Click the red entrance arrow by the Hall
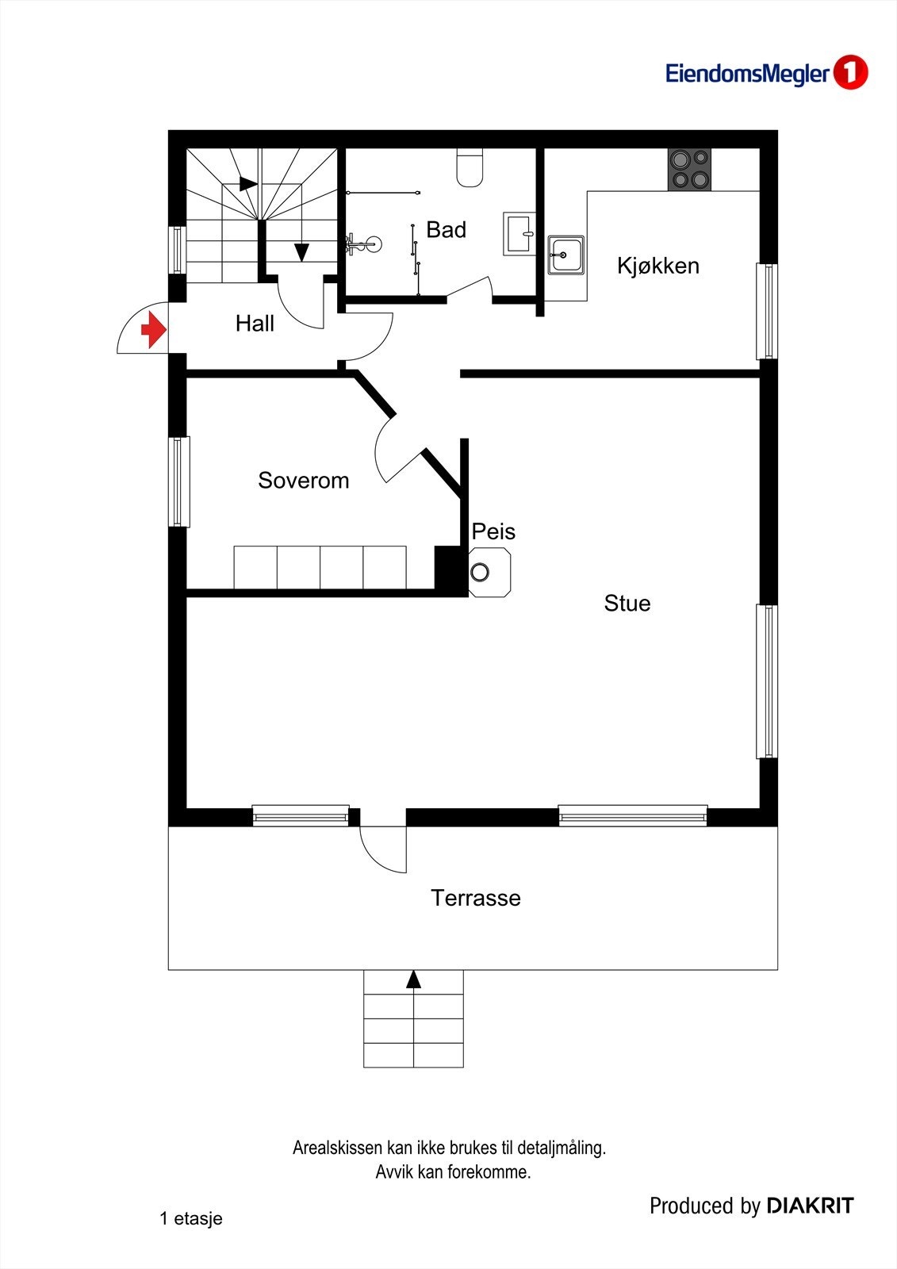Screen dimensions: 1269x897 tap(153, 329)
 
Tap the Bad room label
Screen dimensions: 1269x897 tap(446, 230)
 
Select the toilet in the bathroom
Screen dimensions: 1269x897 tap(470, 169)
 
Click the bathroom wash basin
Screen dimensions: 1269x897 tap(519, 233)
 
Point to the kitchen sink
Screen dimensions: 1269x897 tap(565, 255)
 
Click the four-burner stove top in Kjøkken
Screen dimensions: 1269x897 tap(688, 170)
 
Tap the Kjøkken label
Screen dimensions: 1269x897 tap(657, 266)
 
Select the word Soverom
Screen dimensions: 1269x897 tap(303, 481)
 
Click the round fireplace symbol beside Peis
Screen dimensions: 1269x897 tap(480, 572)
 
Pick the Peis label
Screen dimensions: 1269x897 tap(493, 531)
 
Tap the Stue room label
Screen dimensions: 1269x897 tap(627, 604)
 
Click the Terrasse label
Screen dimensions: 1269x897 tap(475, 898)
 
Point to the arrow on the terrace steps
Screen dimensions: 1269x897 tap(413, 980)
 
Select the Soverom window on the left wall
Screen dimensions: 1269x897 tap(179, 481)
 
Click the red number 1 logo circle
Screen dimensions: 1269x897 tap(850, 73)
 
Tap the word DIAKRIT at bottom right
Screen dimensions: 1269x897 tap(810, 1206)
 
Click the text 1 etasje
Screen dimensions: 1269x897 tap(190, 1219)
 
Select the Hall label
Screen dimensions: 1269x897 tap(255, 324)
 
